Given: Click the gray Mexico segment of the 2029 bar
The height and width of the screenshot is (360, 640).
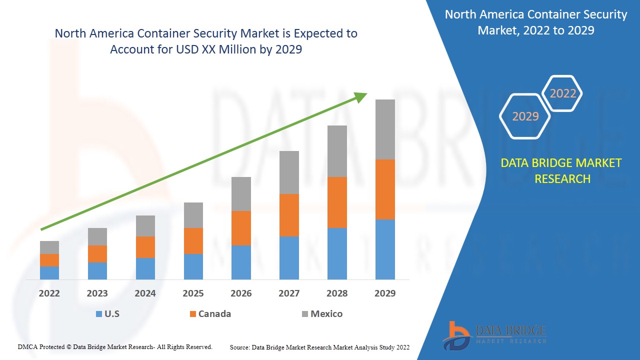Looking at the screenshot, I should (385, 129).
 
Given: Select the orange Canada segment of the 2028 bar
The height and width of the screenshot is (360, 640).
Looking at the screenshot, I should (337, 202).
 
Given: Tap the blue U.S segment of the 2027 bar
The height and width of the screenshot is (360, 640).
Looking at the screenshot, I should (289, 257).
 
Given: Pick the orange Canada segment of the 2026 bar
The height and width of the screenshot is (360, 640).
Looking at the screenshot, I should (241, 228).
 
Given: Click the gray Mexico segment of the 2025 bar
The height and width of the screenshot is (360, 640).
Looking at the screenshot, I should (193, 215).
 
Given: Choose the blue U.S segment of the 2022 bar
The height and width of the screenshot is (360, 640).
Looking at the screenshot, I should (49, 272).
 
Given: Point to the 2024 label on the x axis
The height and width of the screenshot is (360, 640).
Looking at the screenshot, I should (145, 293).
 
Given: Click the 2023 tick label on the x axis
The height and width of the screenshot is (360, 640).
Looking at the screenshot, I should (97, 293).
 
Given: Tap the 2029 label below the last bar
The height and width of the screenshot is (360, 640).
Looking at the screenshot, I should (385, 293).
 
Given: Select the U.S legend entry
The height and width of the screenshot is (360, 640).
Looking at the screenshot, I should (107, 314).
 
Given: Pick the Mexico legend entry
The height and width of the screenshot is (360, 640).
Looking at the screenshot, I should (322, 314).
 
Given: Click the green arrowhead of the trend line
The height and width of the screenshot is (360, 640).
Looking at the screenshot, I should (361, 96).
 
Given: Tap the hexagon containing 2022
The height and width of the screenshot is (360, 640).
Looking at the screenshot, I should (562, 93).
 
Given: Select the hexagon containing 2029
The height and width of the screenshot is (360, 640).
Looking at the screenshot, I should (525, 116).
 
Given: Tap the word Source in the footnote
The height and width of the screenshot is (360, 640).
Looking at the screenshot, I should (239, 347).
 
